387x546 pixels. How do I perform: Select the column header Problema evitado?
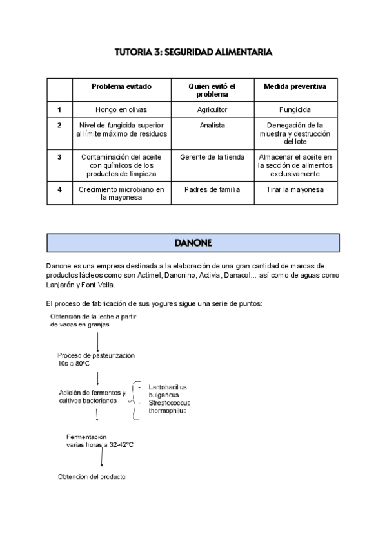coord(121,86)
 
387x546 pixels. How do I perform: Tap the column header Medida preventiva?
coord(295,86)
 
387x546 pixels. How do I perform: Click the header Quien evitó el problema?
coord(212,90)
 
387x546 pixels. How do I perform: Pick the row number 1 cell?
coord(59,110)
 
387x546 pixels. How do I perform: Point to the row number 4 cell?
coord(59,189)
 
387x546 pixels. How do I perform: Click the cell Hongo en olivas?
coord(121,110)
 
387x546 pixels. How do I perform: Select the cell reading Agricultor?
coord(212,110)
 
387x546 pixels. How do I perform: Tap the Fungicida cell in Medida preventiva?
coord(295,110)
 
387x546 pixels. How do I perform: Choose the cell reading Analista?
coord(212,125)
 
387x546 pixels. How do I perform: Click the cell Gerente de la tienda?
coord(212,156)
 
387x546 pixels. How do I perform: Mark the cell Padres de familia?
coord(212,189)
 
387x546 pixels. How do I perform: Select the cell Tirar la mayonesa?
coord(295,189)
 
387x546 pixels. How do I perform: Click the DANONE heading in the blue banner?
coord(193,243)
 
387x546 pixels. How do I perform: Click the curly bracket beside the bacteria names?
coord(134,400)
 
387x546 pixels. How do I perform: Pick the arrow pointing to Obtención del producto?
coord(102,458)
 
